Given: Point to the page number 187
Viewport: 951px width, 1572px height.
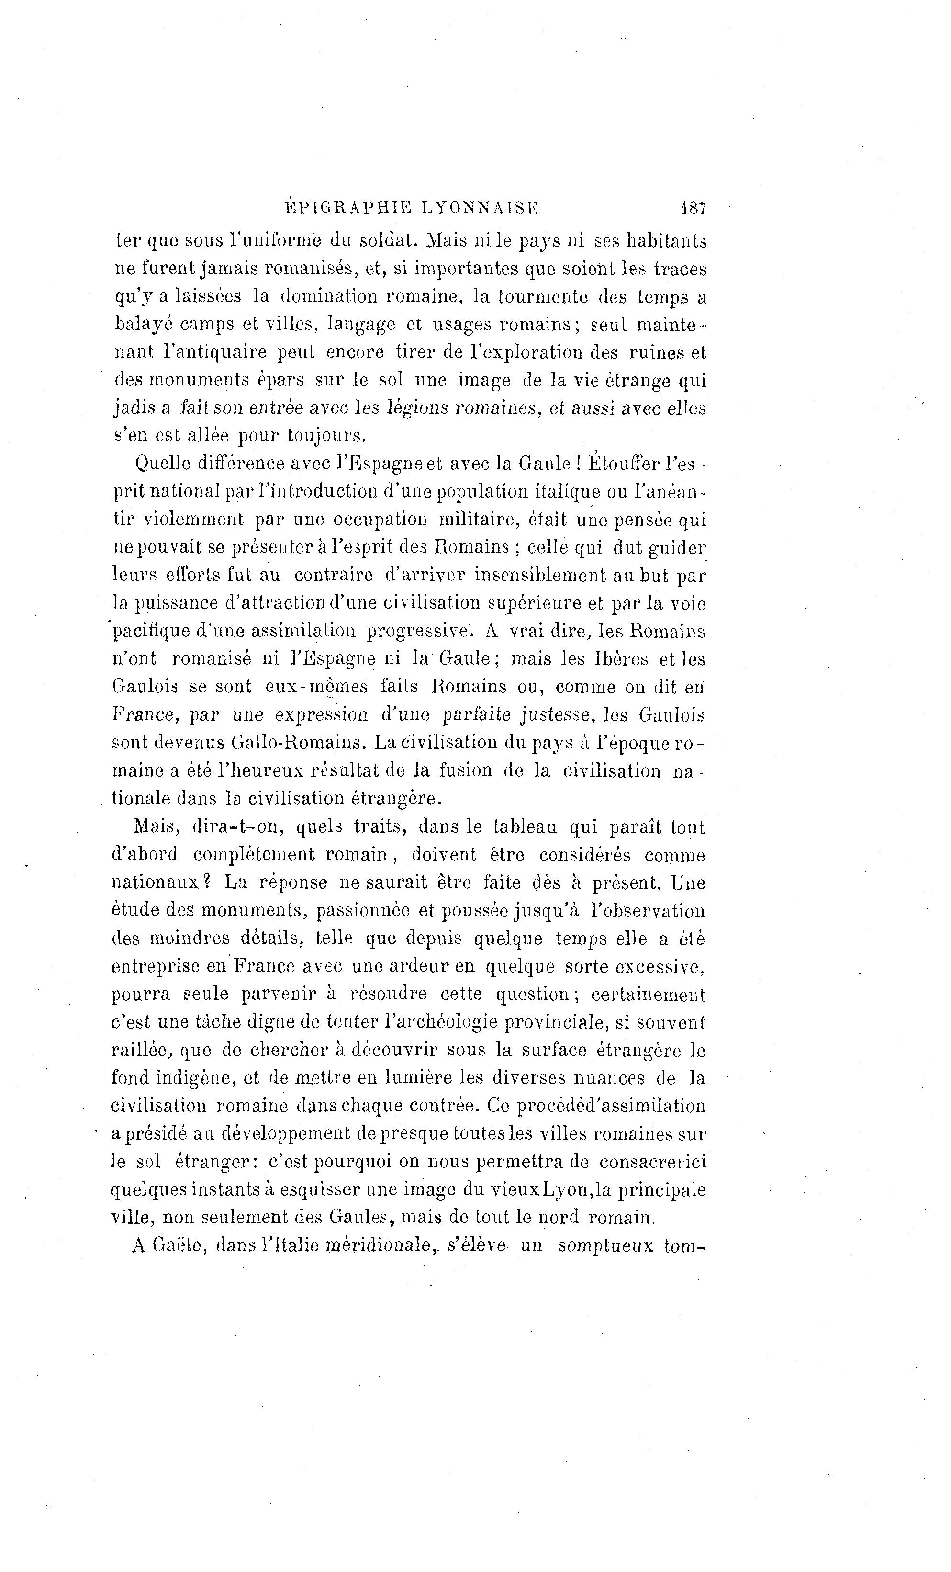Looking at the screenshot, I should click(693, 207).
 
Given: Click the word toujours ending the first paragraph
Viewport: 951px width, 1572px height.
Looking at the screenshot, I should click(326, 436).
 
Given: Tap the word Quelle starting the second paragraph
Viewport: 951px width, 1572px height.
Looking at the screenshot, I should click(163, 464).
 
